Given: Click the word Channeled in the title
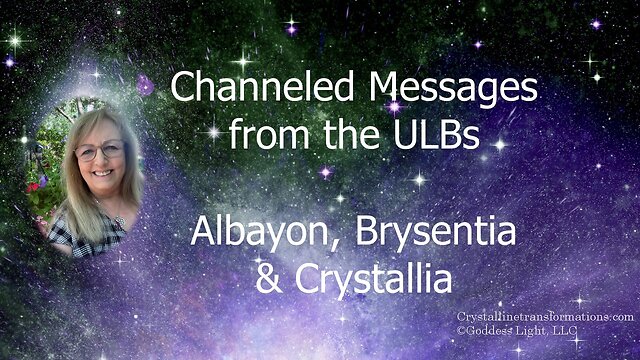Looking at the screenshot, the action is [x=262, y=87].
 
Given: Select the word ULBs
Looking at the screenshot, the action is [x=436, y=133].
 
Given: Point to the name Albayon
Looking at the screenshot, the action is [x=259, y=231].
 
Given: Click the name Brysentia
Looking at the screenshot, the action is [x=436, y=231].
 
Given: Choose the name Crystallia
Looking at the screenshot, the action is [x=373, y=279].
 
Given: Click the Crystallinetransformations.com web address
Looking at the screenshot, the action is [x=545, y=317].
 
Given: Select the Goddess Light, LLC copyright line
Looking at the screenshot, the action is [x=517, y=331].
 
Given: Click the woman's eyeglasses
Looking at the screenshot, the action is [x=100, y=150].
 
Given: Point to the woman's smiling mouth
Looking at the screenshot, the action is [x=102, y=173].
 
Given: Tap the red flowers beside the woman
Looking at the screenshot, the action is [x=33, y=187].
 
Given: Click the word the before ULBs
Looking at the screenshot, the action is [x=352, y=133].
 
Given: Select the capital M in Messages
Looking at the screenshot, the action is [x=384, y=87].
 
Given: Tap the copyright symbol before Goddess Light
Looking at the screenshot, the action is [x=461, y=331].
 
